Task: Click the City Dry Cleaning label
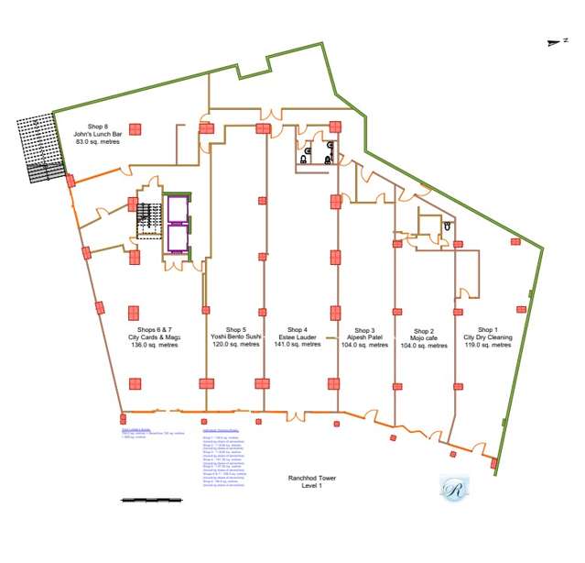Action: click(488, 337)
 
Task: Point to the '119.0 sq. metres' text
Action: click(488, 346)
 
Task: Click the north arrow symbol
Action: click(550, 41)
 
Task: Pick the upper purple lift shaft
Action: click(177, 209)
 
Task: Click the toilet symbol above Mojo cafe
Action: click(447, 226)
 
